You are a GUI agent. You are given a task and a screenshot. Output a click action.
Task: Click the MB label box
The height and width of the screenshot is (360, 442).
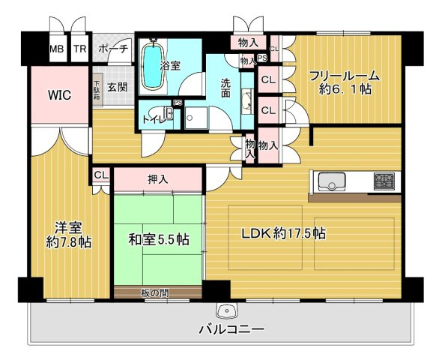(57, 49)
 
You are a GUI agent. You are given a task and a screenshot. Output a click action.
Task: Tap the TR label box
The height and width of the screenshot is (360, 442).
(80, 49)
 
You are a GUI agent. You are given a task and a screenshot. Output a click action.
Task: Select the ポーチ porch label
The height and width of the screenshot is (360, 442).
(114, 49)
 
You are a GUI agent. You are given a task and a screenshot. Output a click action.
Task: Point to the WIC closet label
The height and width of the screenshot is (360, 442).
(59, 95)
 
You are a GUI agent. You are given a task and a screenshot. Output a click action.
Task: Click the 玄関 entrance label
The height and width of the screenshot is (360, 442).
(117, 87)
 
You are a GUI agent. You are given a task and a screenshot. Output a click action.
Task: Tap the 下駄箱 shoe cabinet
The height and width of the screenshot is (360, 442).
(97, 91)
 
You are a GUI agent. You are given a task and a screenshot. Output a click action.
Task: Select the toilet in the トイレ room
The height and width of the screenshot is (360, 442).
(169, 115)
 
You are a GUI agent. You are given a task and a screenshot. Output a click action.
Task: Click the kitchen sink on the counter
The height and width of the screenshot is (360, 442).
(330, 182)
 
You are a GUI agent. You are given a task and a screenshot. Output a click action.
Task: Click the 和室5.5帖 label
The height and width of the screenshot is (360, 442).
(158, 241)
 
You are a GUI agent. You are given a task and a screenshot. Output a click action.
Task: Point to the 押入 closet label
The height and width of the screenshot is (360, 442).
(158, 179)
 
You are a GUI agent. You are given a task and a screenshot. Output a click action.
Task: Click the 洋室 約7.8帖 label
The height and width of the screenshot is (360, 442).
(69, 234)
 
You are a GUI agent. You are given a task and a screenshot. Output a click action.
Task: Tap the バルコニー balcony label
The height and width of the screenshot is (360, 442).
(231, 328)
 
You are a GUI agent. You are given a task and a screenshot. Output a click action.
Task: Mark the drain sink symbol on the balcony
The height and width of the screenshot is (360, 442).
(224, 310)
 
